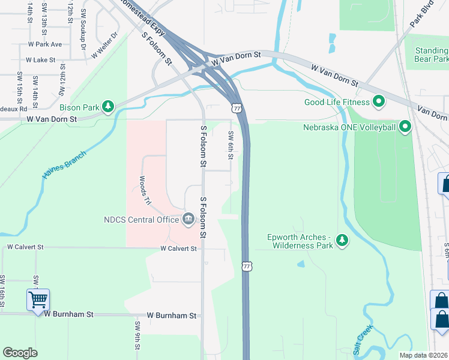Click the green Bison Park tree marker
108,107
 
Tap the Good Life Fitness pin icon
379,101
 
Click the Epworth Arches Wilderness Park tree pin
342,240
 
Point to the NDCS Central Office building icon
188,218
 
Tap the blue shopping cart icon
38,299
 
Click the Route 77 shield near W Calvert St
246,265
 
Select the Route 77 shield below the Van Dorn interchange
237,108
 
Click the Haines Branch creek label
65,164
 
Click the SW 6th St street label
231,146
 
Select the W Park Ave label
45,44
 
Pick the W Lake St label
40,60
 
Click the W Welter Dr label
106,46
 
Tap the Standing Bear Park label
431,55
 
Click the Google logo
20,353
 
